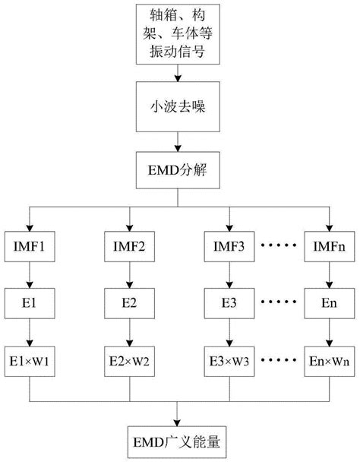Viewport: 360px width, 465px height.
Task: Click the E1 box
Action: point(30,302)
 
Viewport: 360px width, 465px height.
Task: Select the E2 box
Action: point(128,302)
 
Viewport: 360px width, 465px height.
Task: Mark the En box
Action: point(328,302)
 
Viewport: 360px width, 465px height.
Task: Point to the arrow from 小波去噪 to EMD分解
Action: point(178,141)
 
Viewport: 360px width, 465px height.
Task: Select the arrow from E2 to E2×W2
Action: point(128,332)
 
